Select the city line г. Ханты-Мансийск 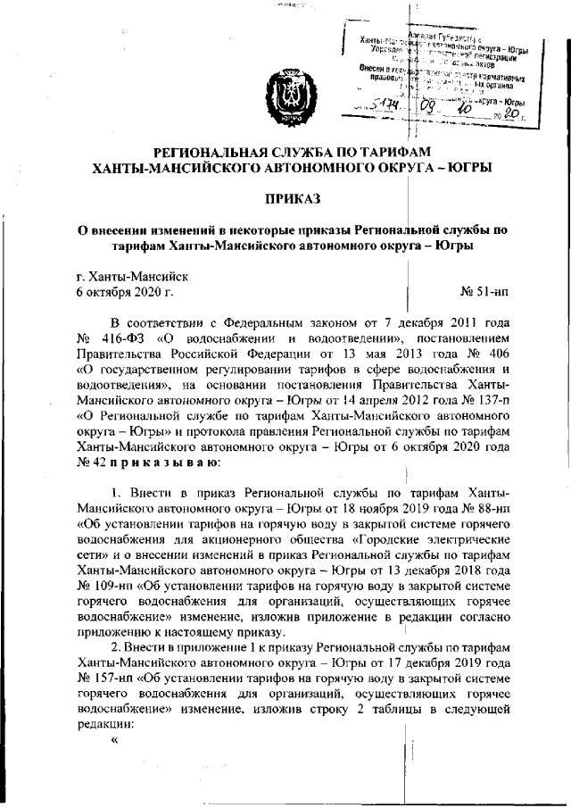pos(132,276)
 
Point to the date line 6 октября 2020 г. pos(125,292)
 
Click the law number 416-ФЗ pos(131,339)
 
